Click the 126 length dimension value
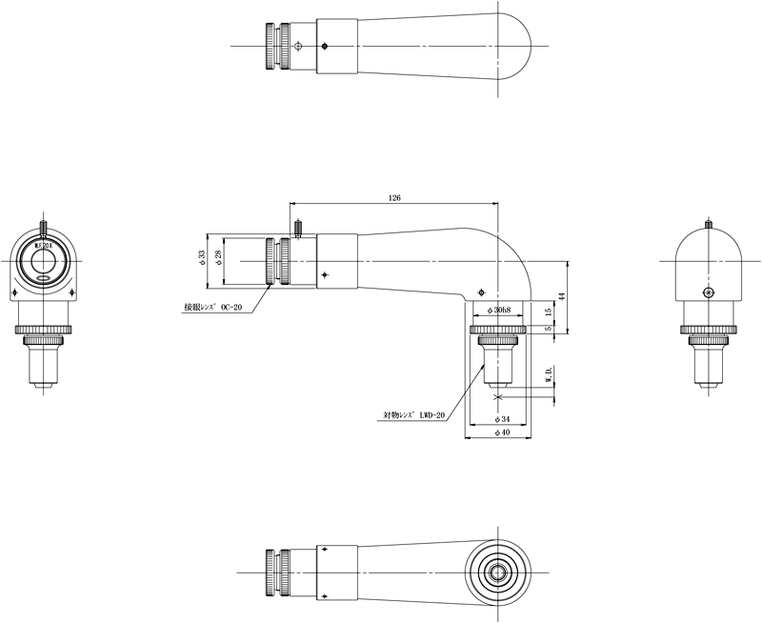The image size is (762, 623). pos(394,197)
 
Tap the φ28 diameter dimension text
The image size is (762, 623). pos(218,258)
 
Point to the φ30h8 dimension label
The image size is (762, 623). pos(498,311)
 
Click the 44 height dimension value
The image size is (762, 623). pos(562,296)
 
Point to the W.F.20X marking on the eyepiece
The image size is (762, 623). pos(44,245)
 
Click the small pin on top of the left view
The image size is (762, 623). pos(44,226)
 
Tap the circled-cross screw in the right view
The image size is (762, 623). pos(707,291)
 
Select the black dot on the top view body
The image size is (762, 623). pos(326,46)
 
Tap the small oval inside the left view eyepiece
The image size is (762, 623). pos(44,278)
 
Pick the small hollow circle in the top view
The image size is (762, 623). pos(299,46)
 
